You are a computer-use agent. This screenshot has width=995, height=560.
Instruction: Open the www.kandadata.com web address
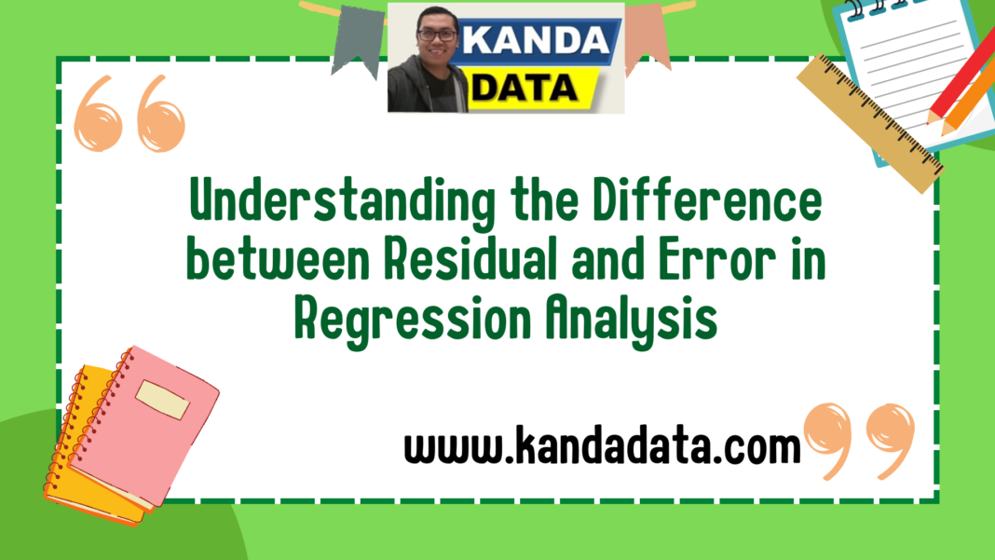[x=602, y=448]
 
